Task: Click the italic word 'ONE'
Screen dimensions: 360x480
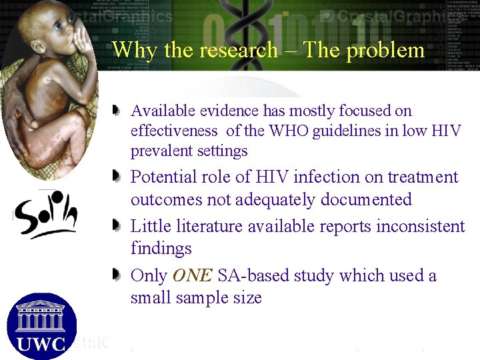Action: [x=193, y=275]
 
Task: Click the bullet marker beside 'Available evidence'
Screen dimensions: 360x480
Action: [x=117, y=109]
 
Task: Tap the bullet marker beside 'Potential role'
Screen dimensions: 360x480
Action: [x=117, y=177]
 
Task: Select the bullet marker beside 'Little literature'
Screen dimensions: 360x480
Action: [x=117, y=226]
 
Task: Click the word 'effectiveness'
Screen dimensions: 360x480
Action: [x=174, y=131]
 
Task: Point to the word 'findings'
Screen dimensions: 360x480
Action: [x=161, y=249]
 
